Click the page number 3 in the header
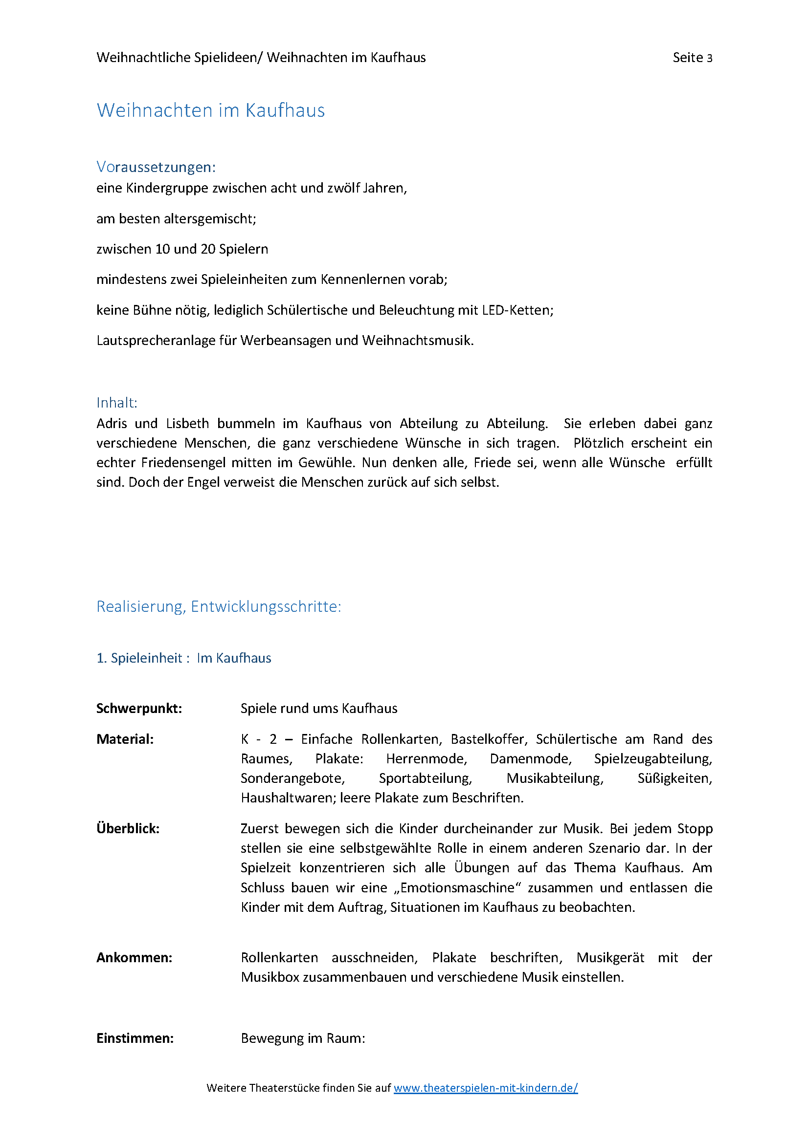(709, 58)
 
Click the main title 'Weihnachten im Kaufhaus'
(210, 110)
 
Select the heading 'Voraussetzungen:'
(156, 167)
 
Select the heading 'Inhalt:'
(116, 403)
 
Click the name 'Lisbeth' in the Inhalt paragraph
(187, 424)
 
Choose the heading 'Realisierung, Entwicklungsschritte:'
(219, 607)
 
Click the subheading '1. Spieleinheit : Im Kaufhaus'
(183, 658)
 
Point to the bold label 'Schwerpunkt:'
(139, 709)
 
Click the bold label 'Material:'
(125, 739)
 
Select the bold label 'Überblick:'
(128, 829)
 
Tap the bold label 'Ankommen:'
(134, 958)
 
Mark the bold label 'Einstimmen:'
(135, 1038)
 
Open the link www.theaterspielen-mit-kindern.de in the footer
(485, 1088)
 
